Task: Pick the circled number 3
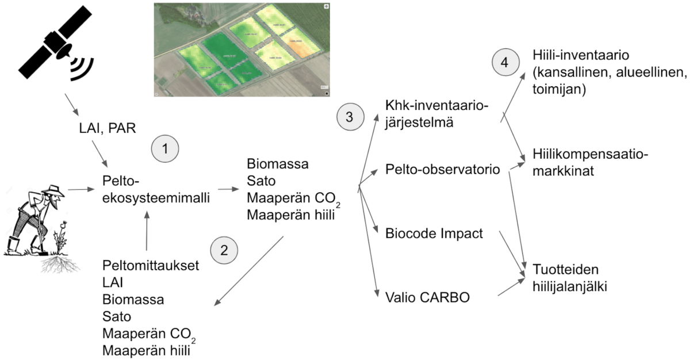click(350, 117)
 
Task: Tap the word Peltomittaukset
click(151, 266)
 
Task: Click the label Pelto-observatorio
click(442, 170)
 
